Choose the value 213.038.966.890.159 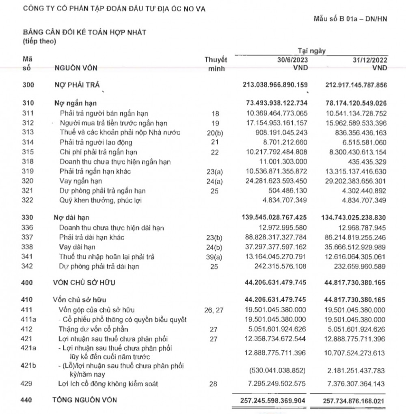(274, 85)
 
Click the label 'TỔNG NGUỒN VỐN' (85, 400)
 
